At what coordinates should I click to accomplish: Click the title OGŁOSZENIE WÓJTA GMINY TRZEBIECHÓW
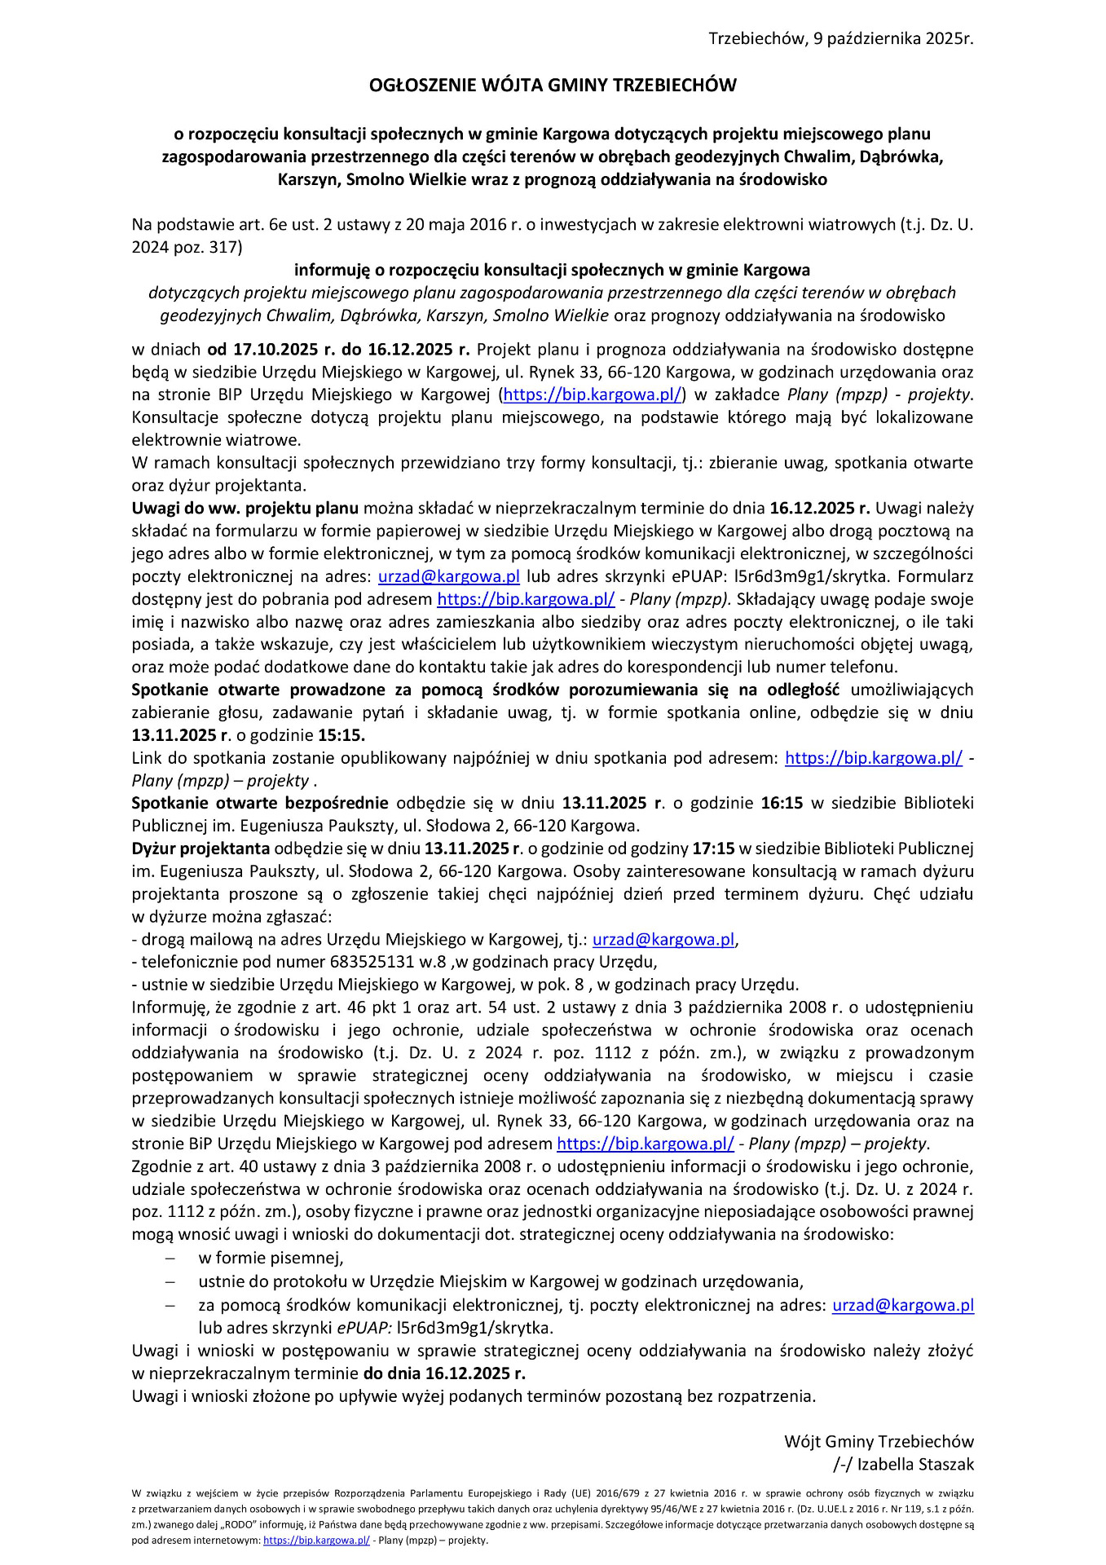(553, 86)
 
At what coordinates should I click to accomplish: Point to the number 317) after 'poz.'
(226, 247)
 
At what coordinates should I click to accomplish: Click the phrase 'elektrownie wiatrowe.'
(205, 440)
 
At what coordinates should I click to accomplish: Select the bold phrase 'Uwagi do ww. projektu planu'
(245, 508)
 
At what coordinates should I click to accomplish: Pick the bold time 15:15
(341, 735)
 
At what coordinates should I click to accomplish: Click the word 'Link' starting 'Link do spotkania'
(147, 758)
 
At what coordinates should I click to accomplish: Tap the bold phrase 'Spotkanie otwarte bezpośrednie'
(260, 803)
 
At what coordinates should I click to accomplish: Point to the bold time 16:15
(782, 803)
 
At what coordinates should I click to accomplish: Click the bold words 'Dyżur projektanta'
(200, 849)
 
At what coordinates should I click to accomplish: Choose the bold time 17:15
(713, 849)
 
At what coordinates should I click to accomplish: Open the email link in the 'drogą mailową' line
(663, 939)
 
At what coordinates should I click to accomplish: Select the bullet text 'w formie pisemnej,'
(271, 1257)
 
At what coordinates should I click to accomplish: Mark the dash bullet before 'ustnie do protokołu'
(170, 1281)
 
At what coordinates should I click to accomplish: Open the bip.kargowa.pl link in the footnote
(316, 1540)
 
